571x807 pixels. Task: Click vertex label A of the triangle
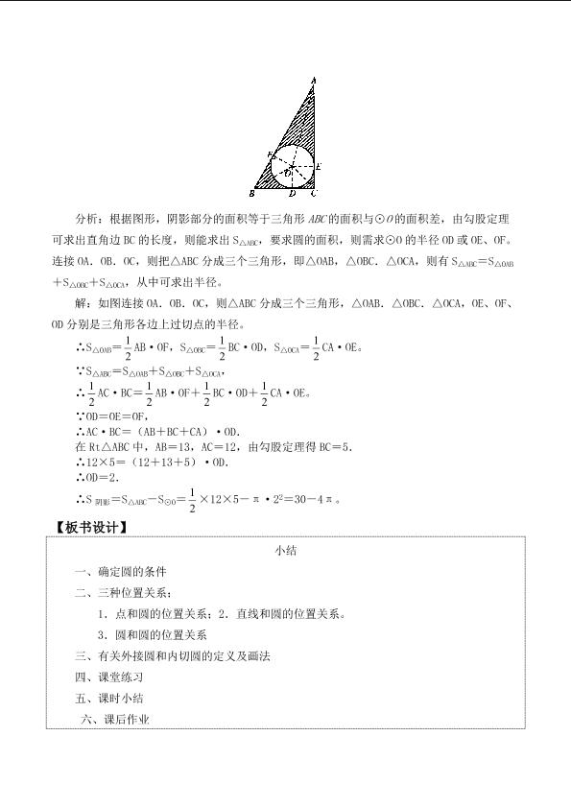(x=315, y=80)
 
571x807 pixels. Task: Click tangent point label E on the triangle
(x=320, y=167)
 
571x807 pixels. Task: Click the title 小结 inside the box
(x=285, y=551)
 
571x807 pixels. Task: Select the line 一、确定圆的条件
(x=119, y=572)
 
